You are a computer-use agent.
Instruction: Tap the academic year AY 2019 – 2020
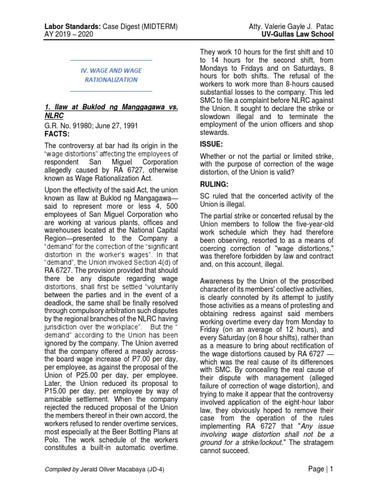click(73, 34)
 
